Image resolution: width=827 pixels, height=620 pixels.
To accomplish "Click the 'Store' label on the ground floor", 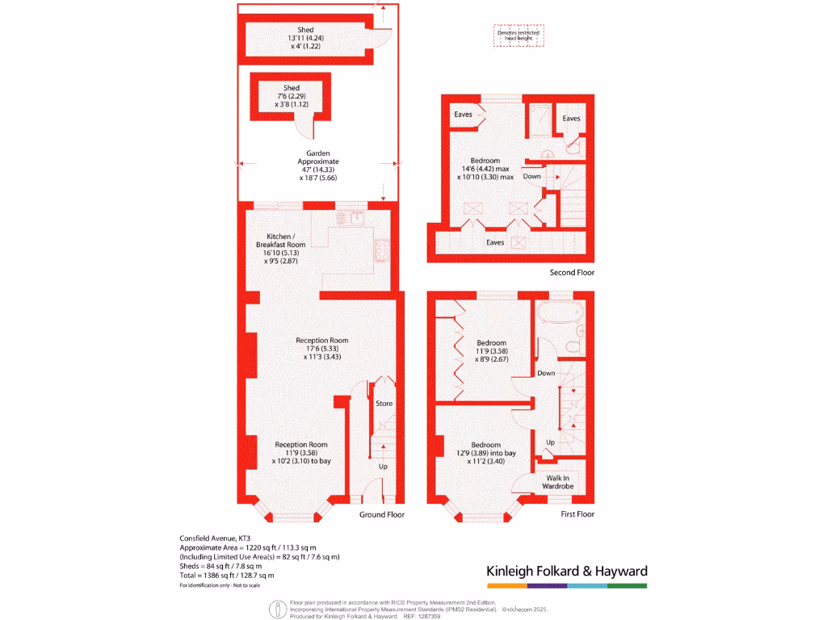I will pos(384,403).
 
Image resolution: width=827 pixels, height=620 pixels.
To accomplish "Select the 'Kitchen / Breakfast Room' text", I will pos(280,240).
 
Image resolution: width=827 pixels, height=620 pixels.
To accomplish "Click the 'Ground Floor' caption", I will pos(382,514).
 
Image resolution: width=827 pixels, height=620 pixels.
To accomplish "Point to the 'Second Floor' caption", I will pos(572,273).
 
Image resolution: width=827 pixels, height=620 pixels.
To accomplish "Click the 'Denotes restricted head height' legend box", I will pos(518,35).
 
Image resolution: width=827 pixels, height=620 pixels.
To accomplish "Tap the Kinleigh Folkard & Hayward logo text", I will pos(566,572).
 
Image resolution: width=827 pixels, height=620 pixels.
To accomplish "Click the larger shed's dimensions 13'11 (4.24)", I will pos(305,38).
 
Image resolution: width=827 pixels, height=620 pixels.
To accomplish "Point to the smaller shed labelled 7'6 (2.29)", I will pos(292,96).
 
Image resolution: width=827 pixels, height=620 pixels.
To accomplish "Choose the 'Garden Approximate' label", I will pos(317,157).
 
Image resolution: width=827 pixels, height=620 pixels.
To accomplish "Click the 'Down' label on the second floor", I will pos(532,176).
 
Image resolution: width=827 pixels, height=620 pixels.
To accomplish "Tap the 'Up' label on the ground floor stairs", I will pos(383,467).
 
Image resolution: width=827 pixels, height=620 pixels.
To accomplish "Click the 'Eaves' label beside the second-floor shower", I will pos(571,119).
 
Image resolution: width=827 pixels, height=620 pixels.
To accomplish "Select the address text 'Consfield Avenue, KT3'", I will pos(215,538).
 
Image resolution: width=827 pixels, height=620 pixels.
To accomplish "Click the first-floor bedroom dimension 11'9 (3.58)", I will pos(490,351).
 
